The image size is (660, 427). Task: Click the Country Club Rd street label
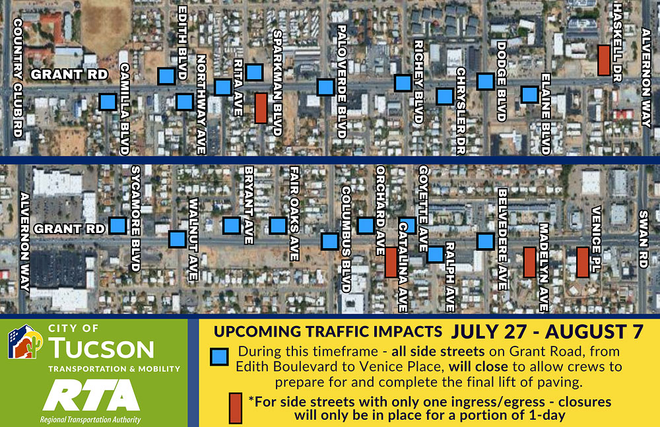18,78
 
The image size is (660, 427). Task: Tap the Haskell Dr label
617,42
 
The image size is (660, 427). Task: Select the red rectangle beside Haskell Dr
604,61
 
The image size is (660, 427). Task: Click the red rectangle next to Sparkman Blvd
261,108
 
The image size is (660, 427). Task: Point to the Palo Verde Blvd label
342,81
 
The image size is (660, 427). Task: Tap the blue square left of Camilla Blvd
108,102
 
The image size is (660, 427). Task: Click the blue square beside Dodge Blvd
485,81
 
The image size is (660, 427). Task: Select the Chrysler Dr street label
461,111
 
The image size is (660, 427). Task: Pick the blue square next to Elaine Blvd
529,94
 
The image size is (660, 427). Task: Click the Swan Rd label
643,239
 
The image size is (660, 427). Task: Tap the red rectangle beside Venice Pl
583,262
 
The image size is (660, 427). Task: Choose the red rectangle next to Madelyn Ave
529,262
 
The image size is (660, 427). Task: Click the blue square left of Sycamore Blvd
117,226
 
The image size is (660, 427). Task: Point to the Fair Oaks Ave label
294,213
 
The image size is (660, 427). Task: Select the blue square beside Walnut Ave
177,239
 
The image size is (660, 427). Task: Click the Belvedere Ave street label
502,239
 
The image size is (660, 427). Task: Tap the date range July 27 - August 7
547,331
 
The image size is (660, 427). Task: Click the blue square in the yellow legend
219,356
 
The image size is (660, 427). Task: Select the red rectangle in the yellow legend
236,408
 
